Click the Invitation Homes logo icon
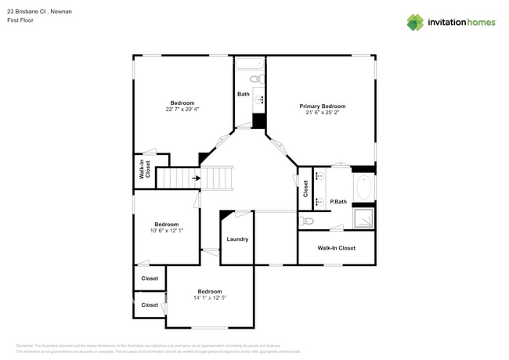[x=414, y=22]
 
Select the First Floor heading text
[x=20, y=20]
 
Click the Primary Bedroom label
[x=322, y=106]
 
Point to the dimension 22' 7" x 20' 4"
[x=182, y=110]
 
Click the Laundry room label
[x=237, y=239]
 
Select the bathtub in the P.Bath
[x=364, y=187]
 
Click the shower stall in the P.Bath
[x=363, y=218]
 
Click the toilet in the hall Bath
[x=256, y=79]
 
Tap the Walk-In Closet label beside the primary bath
[x=336, y=248]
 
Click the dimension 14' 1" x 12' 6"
[x=209, y=298]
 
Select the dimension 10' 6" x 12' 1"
[x=166, y=230]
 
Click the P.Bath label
[x=338, y=202]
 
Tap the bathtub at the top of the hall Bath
[x=251, y=63]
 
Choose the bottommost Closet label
[x=149, y=304]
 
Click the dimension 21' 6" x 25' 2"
[x=322, y=113]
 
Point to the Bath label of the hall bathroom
[x=243, y=95]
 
